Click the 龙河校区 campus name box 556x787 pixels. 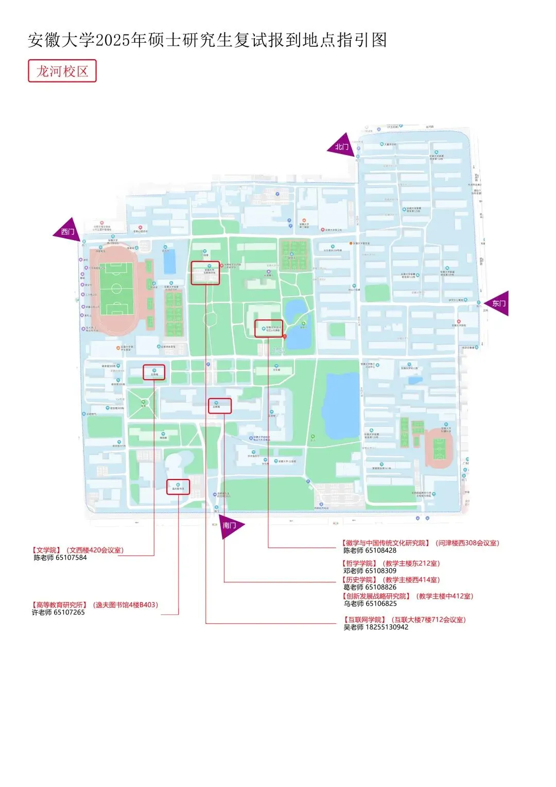point(62,71)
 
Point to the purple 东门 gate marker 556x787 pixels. point(498,303)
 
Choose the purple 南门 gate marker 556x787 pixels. point(230,525)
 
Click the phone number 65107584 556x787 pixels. point(72,558)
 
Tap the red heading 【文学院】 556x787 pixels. point(47,550)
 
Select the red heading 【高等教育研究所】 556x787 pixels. point(60,605)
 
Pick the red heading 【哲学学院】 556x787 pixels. point(360,563)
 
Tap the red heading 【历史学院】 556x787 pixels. point(360,580)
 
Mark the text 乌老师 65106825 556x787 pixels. point(370,604)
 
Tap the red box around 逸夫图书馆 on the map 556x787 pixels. point(178,487)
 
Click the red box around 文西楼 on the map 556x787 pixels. point(154,372)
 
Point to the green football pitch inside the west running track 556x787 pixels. point(116,289)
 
